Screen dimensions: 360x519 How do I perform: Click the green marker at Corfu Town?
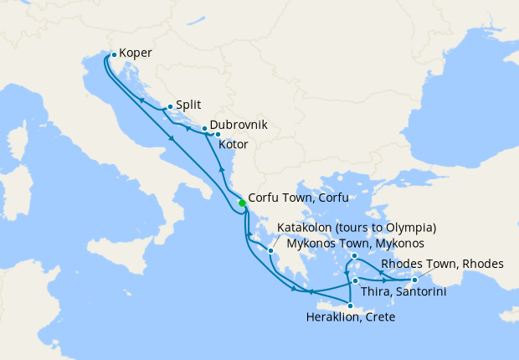click(242, 203)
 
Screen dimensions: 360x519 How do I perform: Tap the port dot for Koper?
click(114, 54)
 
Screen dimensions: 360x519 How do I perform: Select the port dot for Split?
click(170, 106)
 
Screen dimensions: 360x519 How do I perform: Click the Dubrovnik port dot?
click(204, 129)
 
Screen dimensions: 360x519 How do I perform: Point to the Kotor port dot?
click(218, 134)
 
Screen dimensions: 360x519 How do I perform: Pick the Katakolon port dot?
click(271, 250)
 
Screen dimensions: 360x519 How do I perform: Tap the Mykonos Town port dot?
click(355, 256)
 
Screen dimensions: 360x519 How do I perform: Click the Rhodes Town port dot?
click(414, 269)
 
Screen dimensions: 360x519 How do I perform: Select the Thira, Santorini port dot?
click(356, 280)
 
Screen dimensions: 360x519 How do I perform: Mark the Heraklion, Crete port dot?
click(350, 306)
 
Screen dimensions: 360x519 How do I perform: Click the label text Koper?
click(136, 53)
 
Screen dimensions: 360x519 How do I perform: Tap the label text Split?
click(188, 105)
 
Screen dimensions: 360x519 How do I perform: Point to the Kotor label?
click(233, 145)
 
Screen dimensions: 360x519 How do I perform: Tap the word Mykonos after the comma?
click(393, 244)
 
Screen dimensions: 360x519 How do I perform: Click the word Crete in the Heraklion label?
click(378, 317)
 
